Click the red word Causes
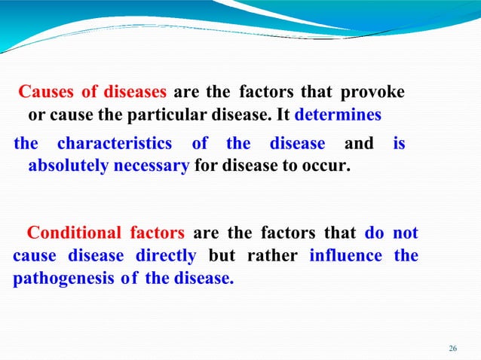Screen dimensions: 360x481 click(x=46, y=93)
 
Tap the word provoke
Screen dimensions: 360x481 click(x=372, y=93)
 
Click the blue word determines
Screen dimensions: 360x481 click(x=338, y=117)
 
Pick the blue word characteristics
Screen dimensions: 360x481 click(x=114, y=143)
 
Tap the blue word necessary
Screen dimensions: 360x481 click(x=151, y=166)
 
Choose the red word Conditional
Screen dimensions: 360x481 click(x=73, y=233)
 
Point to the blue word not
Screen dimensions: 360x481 click(x=406, y=233)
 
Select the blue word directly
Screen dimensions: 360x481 click(x=166, y=256)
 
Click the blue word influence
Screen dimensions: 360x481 click(x=345, y=256)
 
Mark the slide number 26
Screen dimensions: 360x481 click(x=452, y=348)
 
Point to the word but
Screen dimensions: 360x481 click(x=222, y=256)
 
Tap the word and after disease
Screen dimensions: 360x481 click(x=359, y=143)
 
